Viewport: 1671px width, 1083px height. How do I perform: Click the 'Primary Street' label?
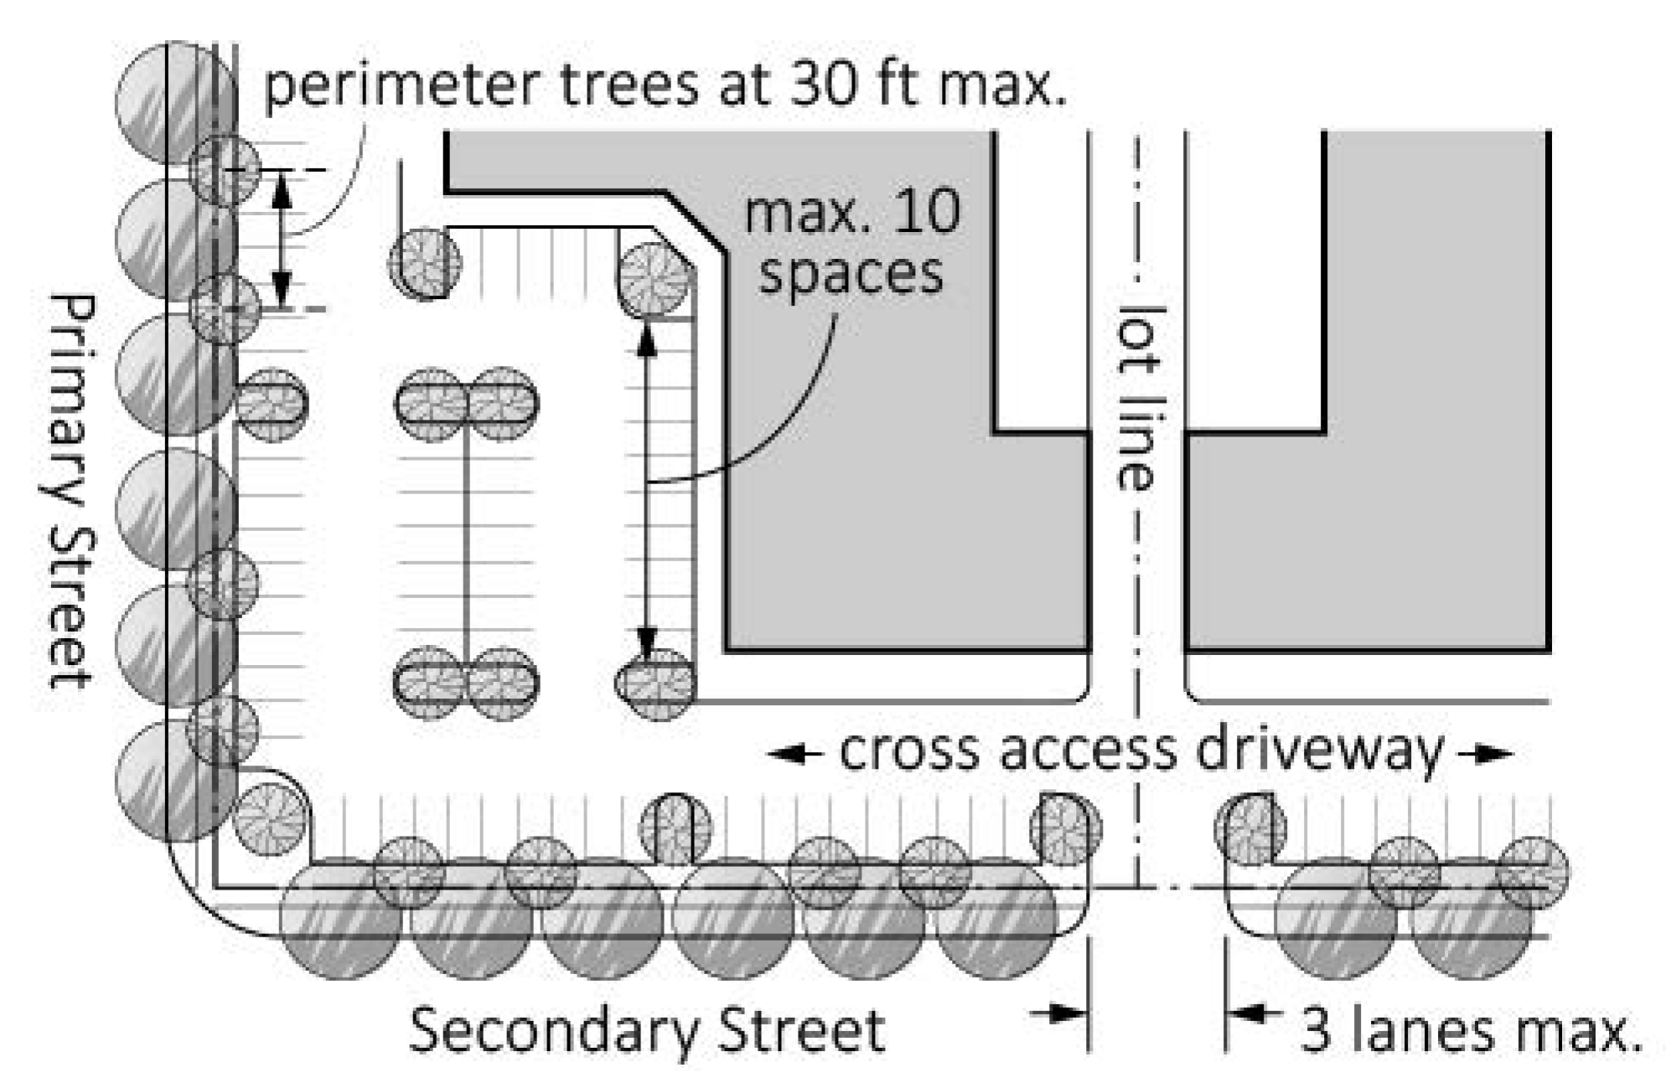tap(70, 490)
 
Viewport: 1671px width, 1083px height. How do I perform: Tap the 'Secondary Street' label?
tap(646, 1030)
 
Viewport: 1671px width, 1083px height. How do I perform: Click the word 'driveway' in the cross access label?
tap(1319, 750)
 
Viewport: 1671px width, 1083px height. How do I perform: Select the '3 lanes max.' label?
tap(1470, 1030)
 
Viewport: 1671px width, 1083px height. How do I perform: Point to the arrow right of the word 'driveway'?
tap(1486, 754)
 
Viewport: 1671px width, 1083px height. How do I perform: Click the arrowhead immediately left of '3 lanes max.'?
tap(1245, 1014)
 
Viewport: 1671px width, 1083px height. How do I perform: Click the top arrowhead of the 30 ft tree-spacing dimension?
tap(282, 189)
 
